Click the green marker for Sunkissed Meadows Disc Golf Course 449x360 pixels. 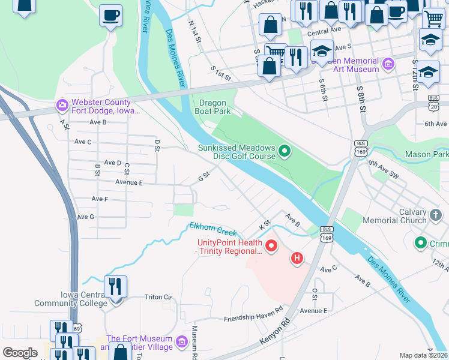click(x=285, y=152)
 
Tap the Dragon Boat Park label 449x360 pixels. click(x=212, y=107)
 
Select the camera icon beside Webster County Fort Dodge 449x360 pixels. click(x=62, y=106)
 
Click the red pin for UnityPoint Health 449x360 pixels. click(x=271, y=246)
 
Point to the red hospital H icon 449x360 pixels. click(x=296, y=259)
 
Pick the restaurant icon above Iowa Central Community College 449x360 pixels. click(x=116, y=286)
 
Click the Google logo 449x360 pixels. click(x=20, y=352)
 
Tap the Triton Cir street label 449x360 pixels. click(x=158, y=297)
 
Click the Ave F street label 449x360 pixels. click(x=100, y=199)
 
